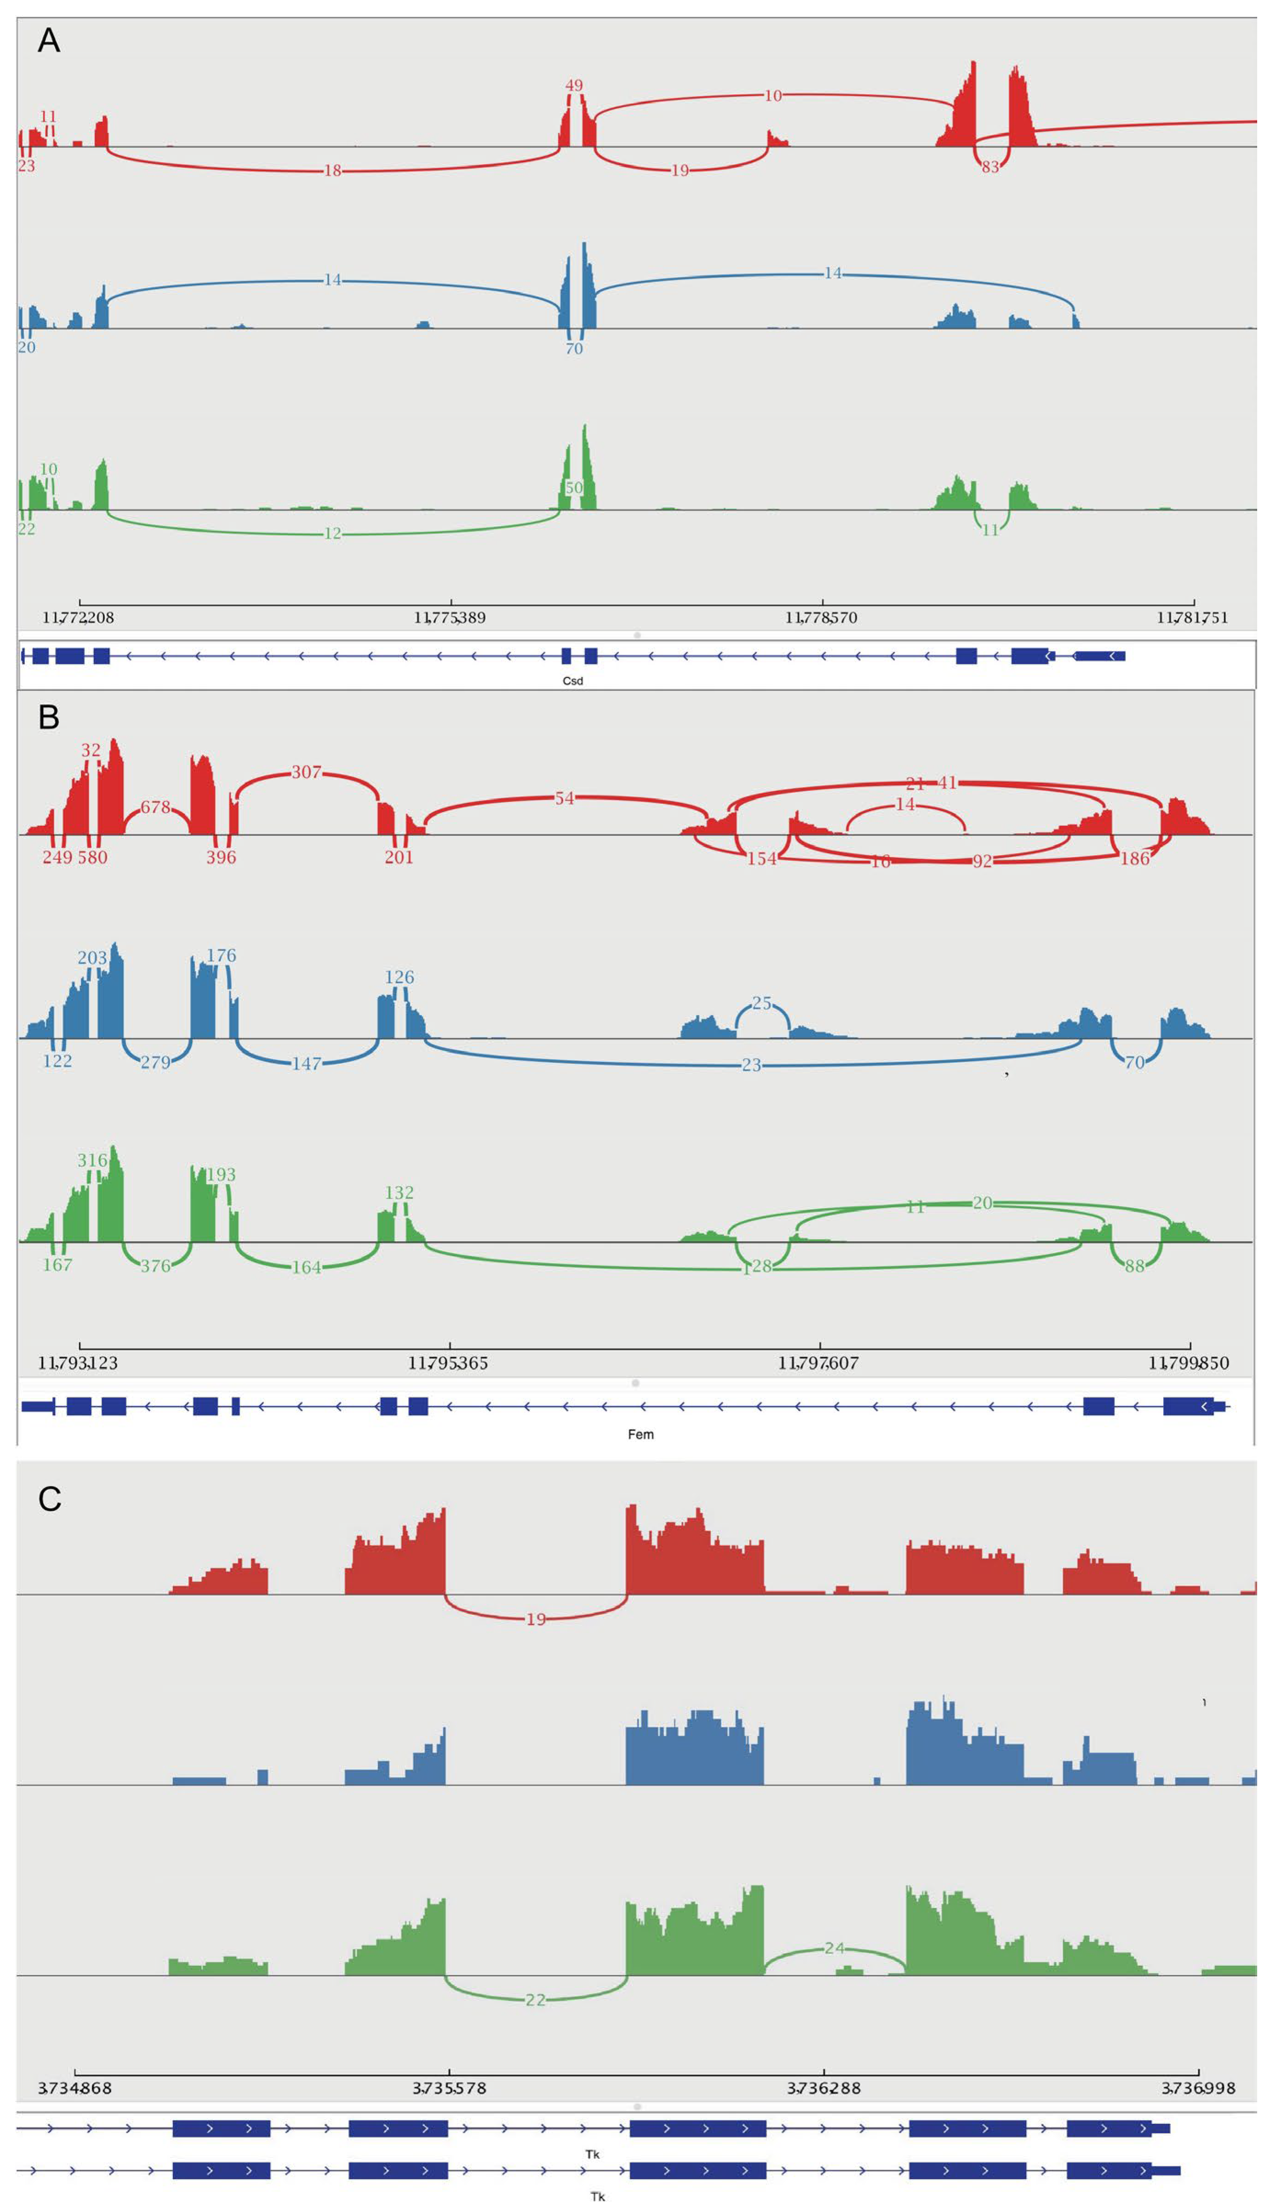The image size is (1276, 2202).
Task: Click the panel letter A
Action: click(x=49, y=41)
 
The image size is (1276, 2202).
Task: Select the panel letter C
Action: click(x=50, y=1499)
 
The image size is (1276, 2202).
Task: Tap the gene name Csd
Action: click(x=572, y=681)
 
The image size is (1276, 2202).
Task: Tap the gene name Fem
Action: click(x=641, y=1434)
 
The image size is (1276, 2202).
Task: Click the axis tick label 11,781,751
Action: click(x=1192, y=618)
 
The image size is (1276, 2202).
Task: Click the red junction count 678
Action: click(x=155, y=807)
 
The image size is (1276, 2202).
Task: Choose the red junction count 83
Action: click(x=990, y=167)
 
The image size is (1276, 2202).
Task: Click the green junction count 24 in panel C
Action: click(x=835, y=1949)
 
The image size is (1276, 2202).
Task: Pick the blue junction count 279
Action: click(x=155, y=1062)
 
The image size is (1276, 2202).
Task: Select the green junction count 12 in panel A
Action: click(x=332, y=534)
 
